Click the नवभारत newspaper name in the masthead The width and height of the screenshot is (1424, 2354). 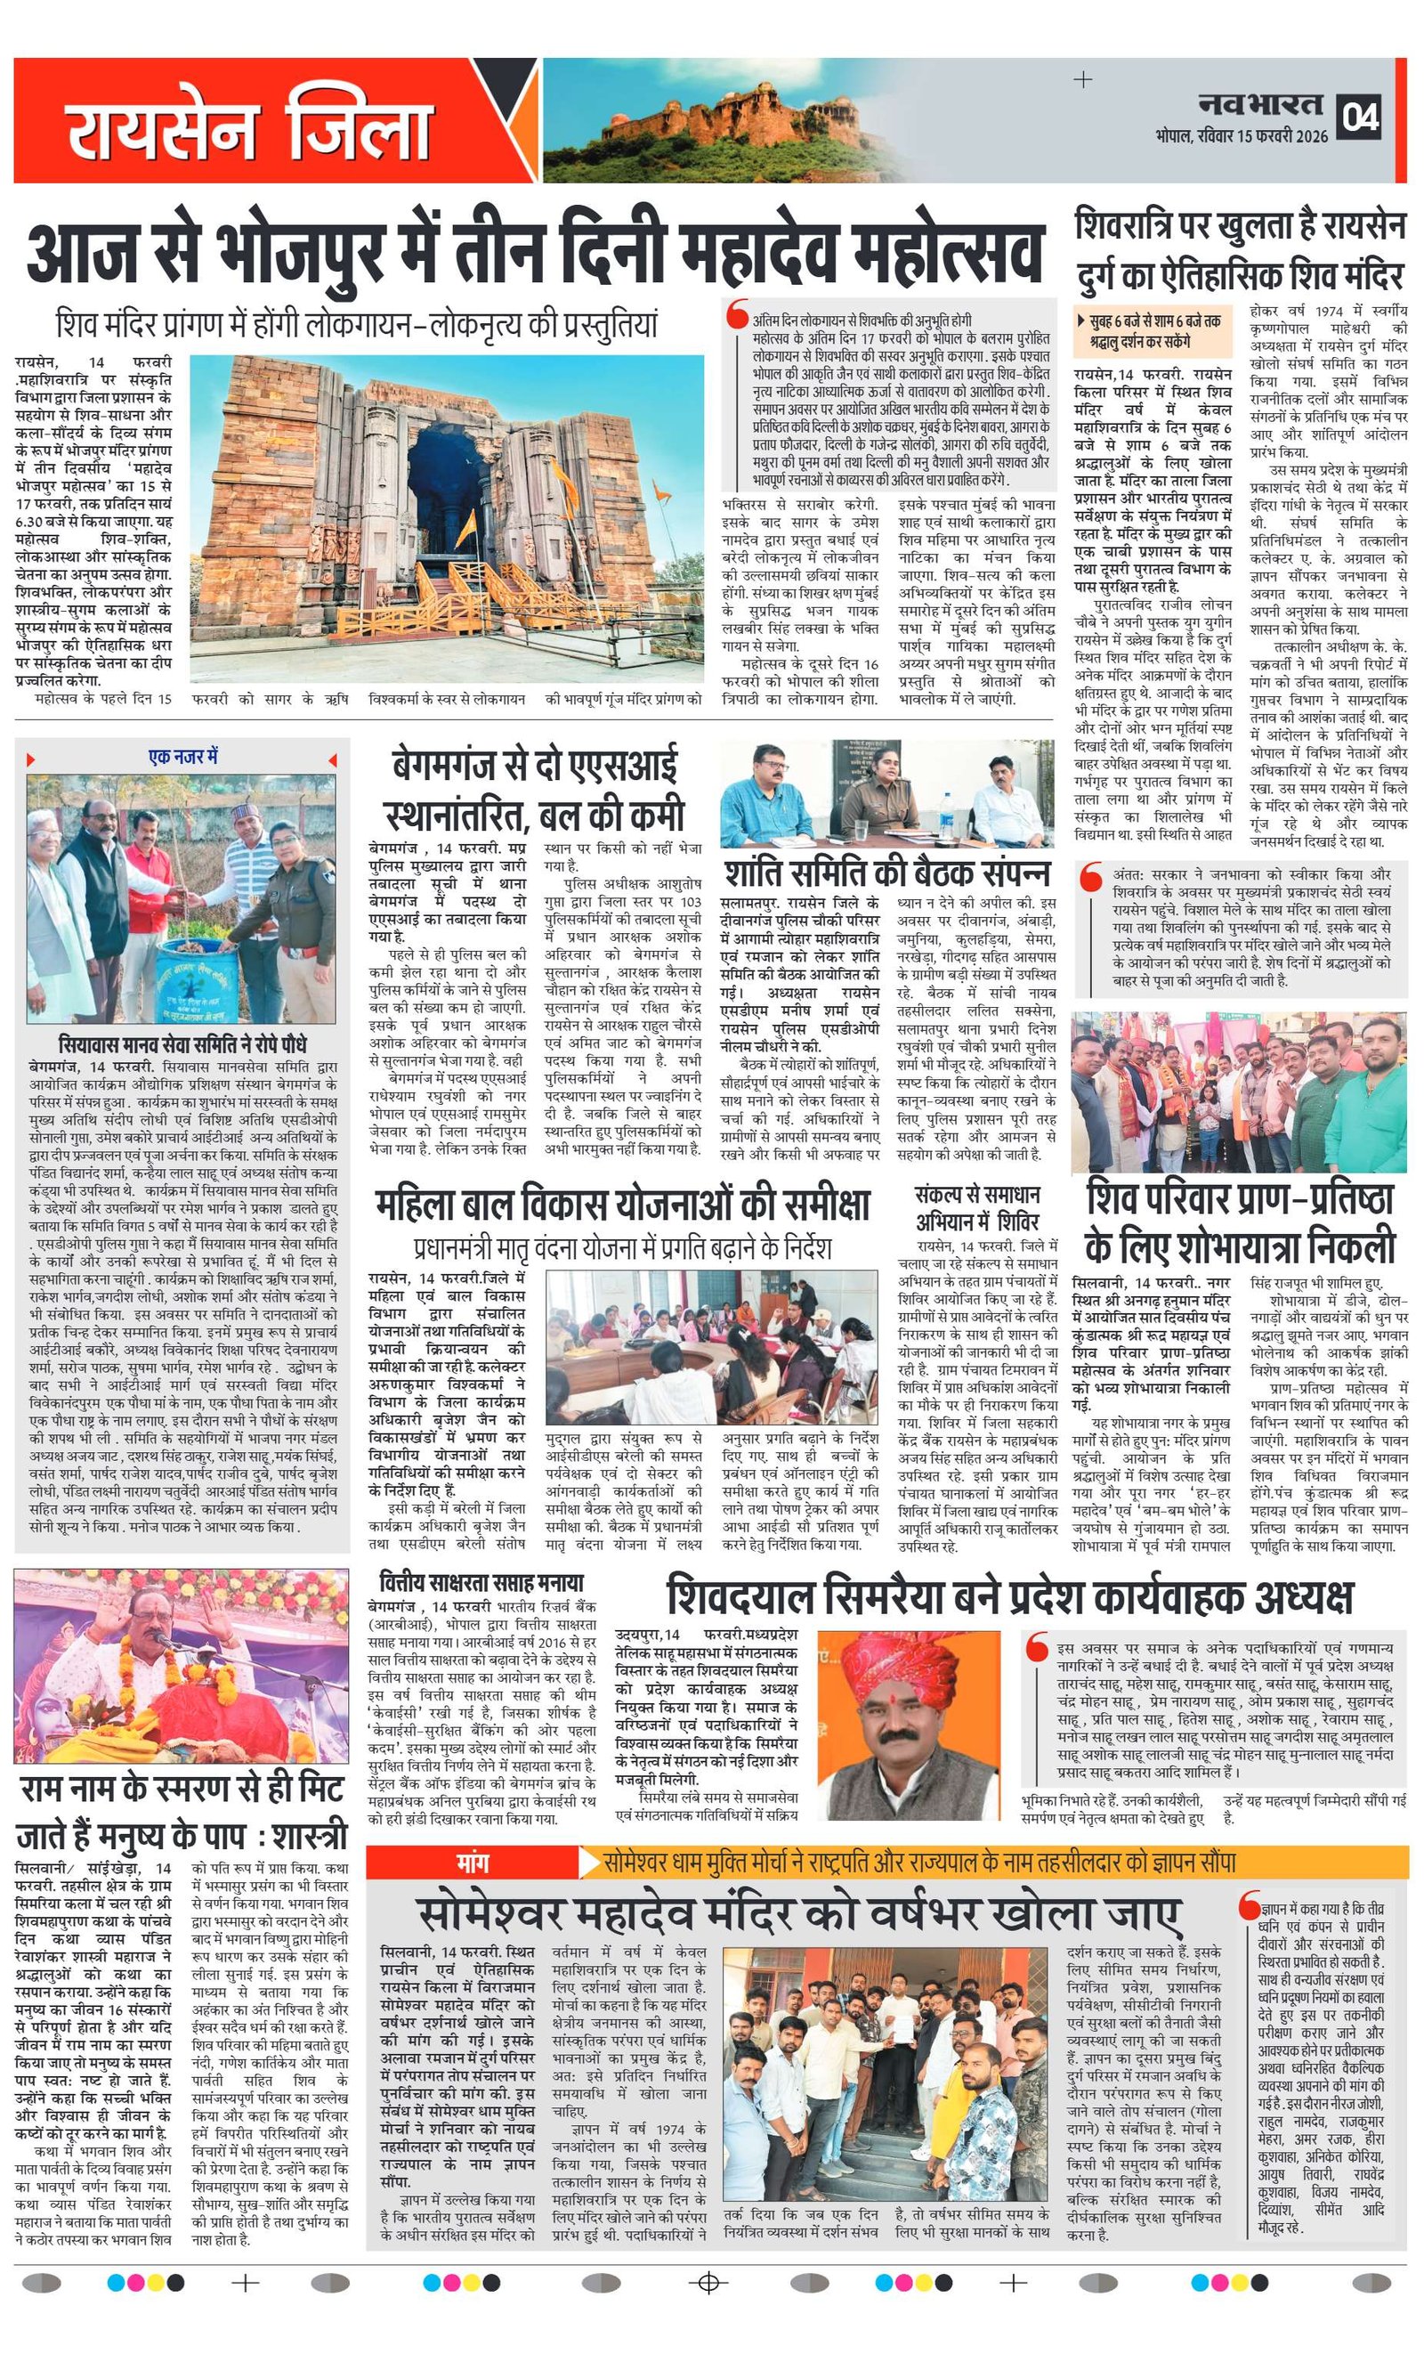(1260, 104)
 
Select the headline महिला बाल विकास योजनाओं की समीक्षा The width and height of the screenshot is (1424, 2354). (622, 1205)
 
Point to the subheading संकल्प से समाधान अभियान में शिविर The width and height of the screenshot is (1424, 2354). (977, 1208)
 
